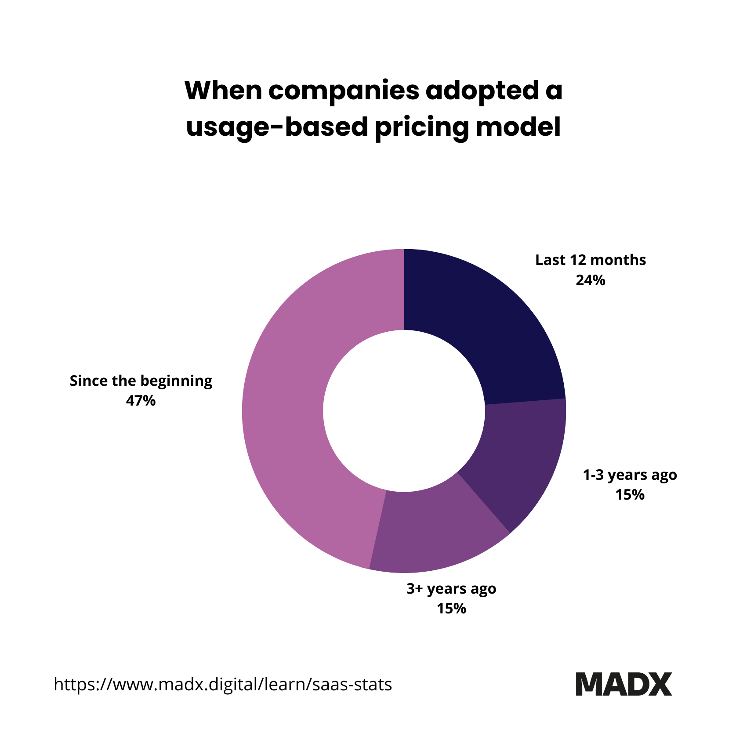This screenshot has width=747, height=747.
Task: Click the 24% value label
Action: [590, 280]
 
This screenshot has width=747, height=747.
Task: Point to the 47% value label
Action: [141, 401]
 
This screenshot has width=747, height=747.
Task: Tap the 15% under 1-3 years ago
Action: [629, 495]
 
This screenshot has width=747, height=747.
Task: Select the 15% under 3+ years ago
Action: [451, 609]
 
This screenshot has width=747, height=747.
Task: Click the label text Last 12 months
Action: [590, 260]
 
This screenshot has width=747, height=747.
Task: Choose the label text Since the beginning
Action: [141, 381]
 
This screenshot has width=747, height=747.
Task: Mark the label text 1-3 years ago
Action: [629, 475]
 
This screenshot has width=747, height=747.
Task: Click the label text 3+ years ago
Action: [451, 589]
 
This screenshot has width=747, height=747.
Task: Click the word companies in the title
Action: [344, 91]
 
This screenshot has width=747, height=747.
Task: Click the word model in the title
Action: [519, 127]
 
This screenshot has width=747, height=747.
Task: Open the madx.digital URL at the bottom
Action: [223, 684]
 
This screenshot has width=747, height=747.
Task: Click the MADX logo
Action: [624, 684]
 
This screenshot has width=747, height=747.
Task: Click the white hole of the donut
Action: [404, 410]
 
